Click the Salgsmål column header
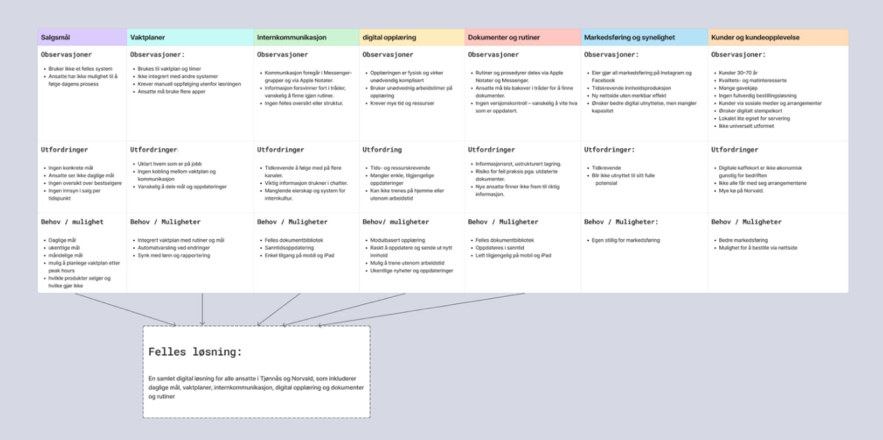(56, 37)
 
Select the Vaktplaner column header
(147, 37)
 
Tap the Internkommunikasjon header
(292, 37)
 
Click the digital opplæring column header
(389, 37)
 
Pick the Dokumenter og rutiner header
(504, 37)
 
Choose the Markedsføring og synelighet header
(629, 37)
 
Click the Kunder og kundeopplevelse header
(755, 37)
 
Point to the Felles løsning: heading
(195, 352)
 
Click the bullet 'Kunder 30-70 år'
(738, 73)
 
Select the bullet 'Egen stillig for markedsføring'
(625, 240)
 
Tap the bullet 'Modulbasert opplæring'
(397, 240)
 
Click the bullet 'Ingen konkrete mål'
(70, 168)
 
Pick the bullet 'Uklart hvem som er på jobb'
(169, 164)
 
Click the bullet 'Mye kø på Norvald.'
(741, 191)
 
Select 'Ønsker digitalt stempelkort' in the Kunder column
(750, 111)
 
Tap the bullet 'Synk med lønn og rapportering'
(173, 255)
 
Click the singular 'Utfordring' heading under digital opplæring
(382, 150)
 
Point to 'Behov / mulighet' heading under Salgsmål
(72, 222)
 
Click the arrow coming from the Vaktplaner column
(202, 308)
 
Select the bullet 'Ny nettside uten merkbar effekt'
(629, 96)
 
